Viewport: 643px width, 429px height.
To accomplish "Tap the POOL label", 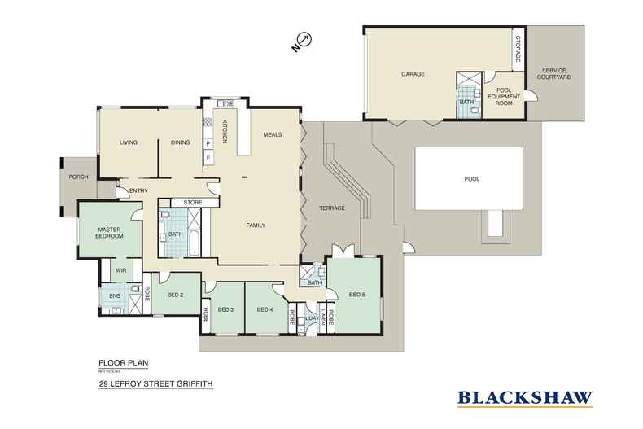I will [471, 179].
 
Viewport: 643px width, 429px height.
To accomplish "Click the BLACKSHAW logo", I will [524, 398].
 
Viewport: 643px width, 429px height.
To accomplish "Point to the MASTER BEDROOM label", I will [109, 233].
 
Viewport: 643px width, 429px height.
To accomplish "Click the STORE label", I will [192, 203].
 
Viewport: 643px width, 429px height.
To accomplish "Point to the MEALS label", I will [272, 134].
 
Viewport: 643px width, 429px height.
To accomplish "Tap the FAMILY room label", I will [256, 225].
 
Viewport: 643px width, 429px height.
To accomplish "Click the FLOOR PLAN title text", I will [119, 365].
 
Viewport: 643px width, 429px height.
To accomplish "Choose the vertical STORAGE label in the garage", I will [517, 50].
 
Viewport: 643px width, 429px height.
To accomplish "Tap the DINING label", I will [181, 142].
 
